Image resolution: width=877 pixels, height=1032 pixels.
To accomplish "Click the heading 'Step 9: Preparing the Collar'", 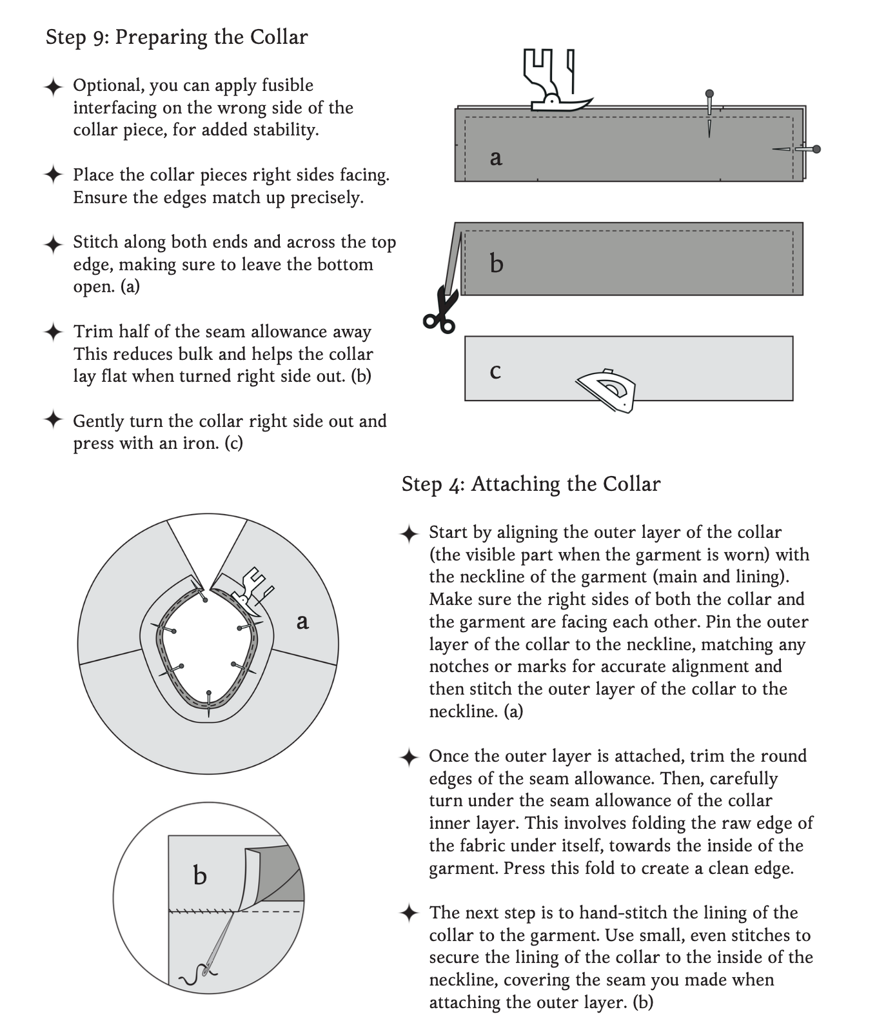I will tap(176, 37).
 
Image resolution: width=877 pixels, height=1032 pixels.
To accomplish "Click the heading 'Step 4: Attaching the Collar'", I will tap(531, 484).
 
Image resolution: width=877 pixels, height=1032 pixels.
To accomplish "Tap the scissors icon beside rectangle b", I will tap(440, 312).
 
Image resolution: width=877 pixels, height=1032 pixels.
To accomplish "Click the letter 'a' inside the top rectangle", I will tap(495, 157).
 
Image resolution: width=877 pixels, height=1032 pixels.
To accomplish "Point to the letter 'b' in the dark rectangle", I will tap(496, 263).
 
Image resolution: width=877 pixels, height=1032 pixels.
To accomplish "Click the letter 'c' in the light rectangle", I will tap(495, 372).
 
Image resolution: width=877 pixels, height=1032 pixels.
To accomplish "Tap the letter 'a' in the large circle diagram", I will tap(302, 622).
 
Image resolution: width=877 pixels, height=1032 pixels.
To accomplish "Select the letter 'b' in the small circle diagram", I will tap(200, 875).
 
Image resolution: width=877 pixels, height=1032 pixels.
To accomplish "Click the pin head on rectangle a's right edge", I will tap(816, 150).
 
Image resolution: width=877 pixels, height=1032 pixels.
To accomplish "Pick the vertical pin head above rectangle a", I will tap(709, 94).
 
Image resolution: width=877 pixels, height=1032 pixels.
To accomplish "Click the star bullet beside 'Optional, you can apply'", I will tap(54, 86).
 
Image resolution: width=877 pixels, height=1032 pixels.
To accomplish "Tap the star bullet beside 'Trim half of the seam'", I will tap(54, 332).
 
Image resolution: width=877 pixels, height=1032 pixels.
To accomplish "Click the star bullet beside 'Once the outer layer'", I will tap(409, 757).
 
